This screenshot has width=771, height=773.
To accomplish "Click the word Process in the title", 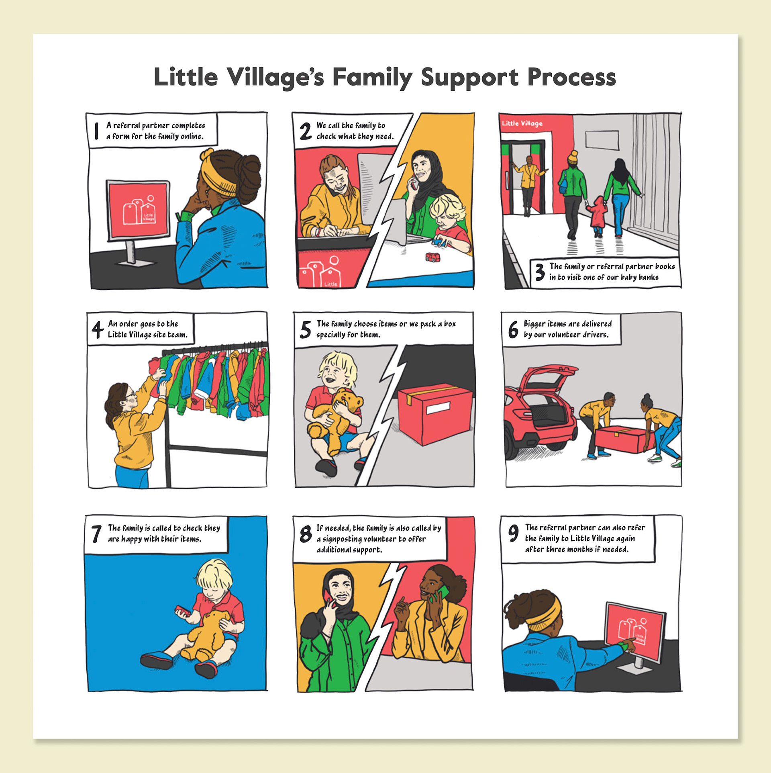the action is [571, 77].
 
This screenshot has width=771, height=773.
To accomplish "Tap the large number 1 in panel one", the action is [96, 131].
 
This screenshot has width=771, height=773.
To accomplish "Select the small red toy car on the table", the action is [432, 257].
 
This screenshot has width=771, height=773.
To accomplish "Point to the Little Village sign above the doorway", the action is [522, 123].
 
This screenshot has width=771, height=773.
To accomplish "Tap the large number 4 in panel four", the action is [97, 329].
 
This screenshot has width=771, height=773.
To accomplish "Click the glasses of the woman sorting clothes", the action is [131, 394].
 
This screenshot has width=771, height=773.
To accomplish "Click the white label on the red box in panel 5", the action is [438, 409].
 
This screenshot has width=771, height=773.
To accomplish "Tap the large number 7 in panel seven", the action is [96, 534].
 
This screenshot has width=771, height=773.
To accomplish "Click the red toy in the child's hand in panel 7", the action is [182, 611].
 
